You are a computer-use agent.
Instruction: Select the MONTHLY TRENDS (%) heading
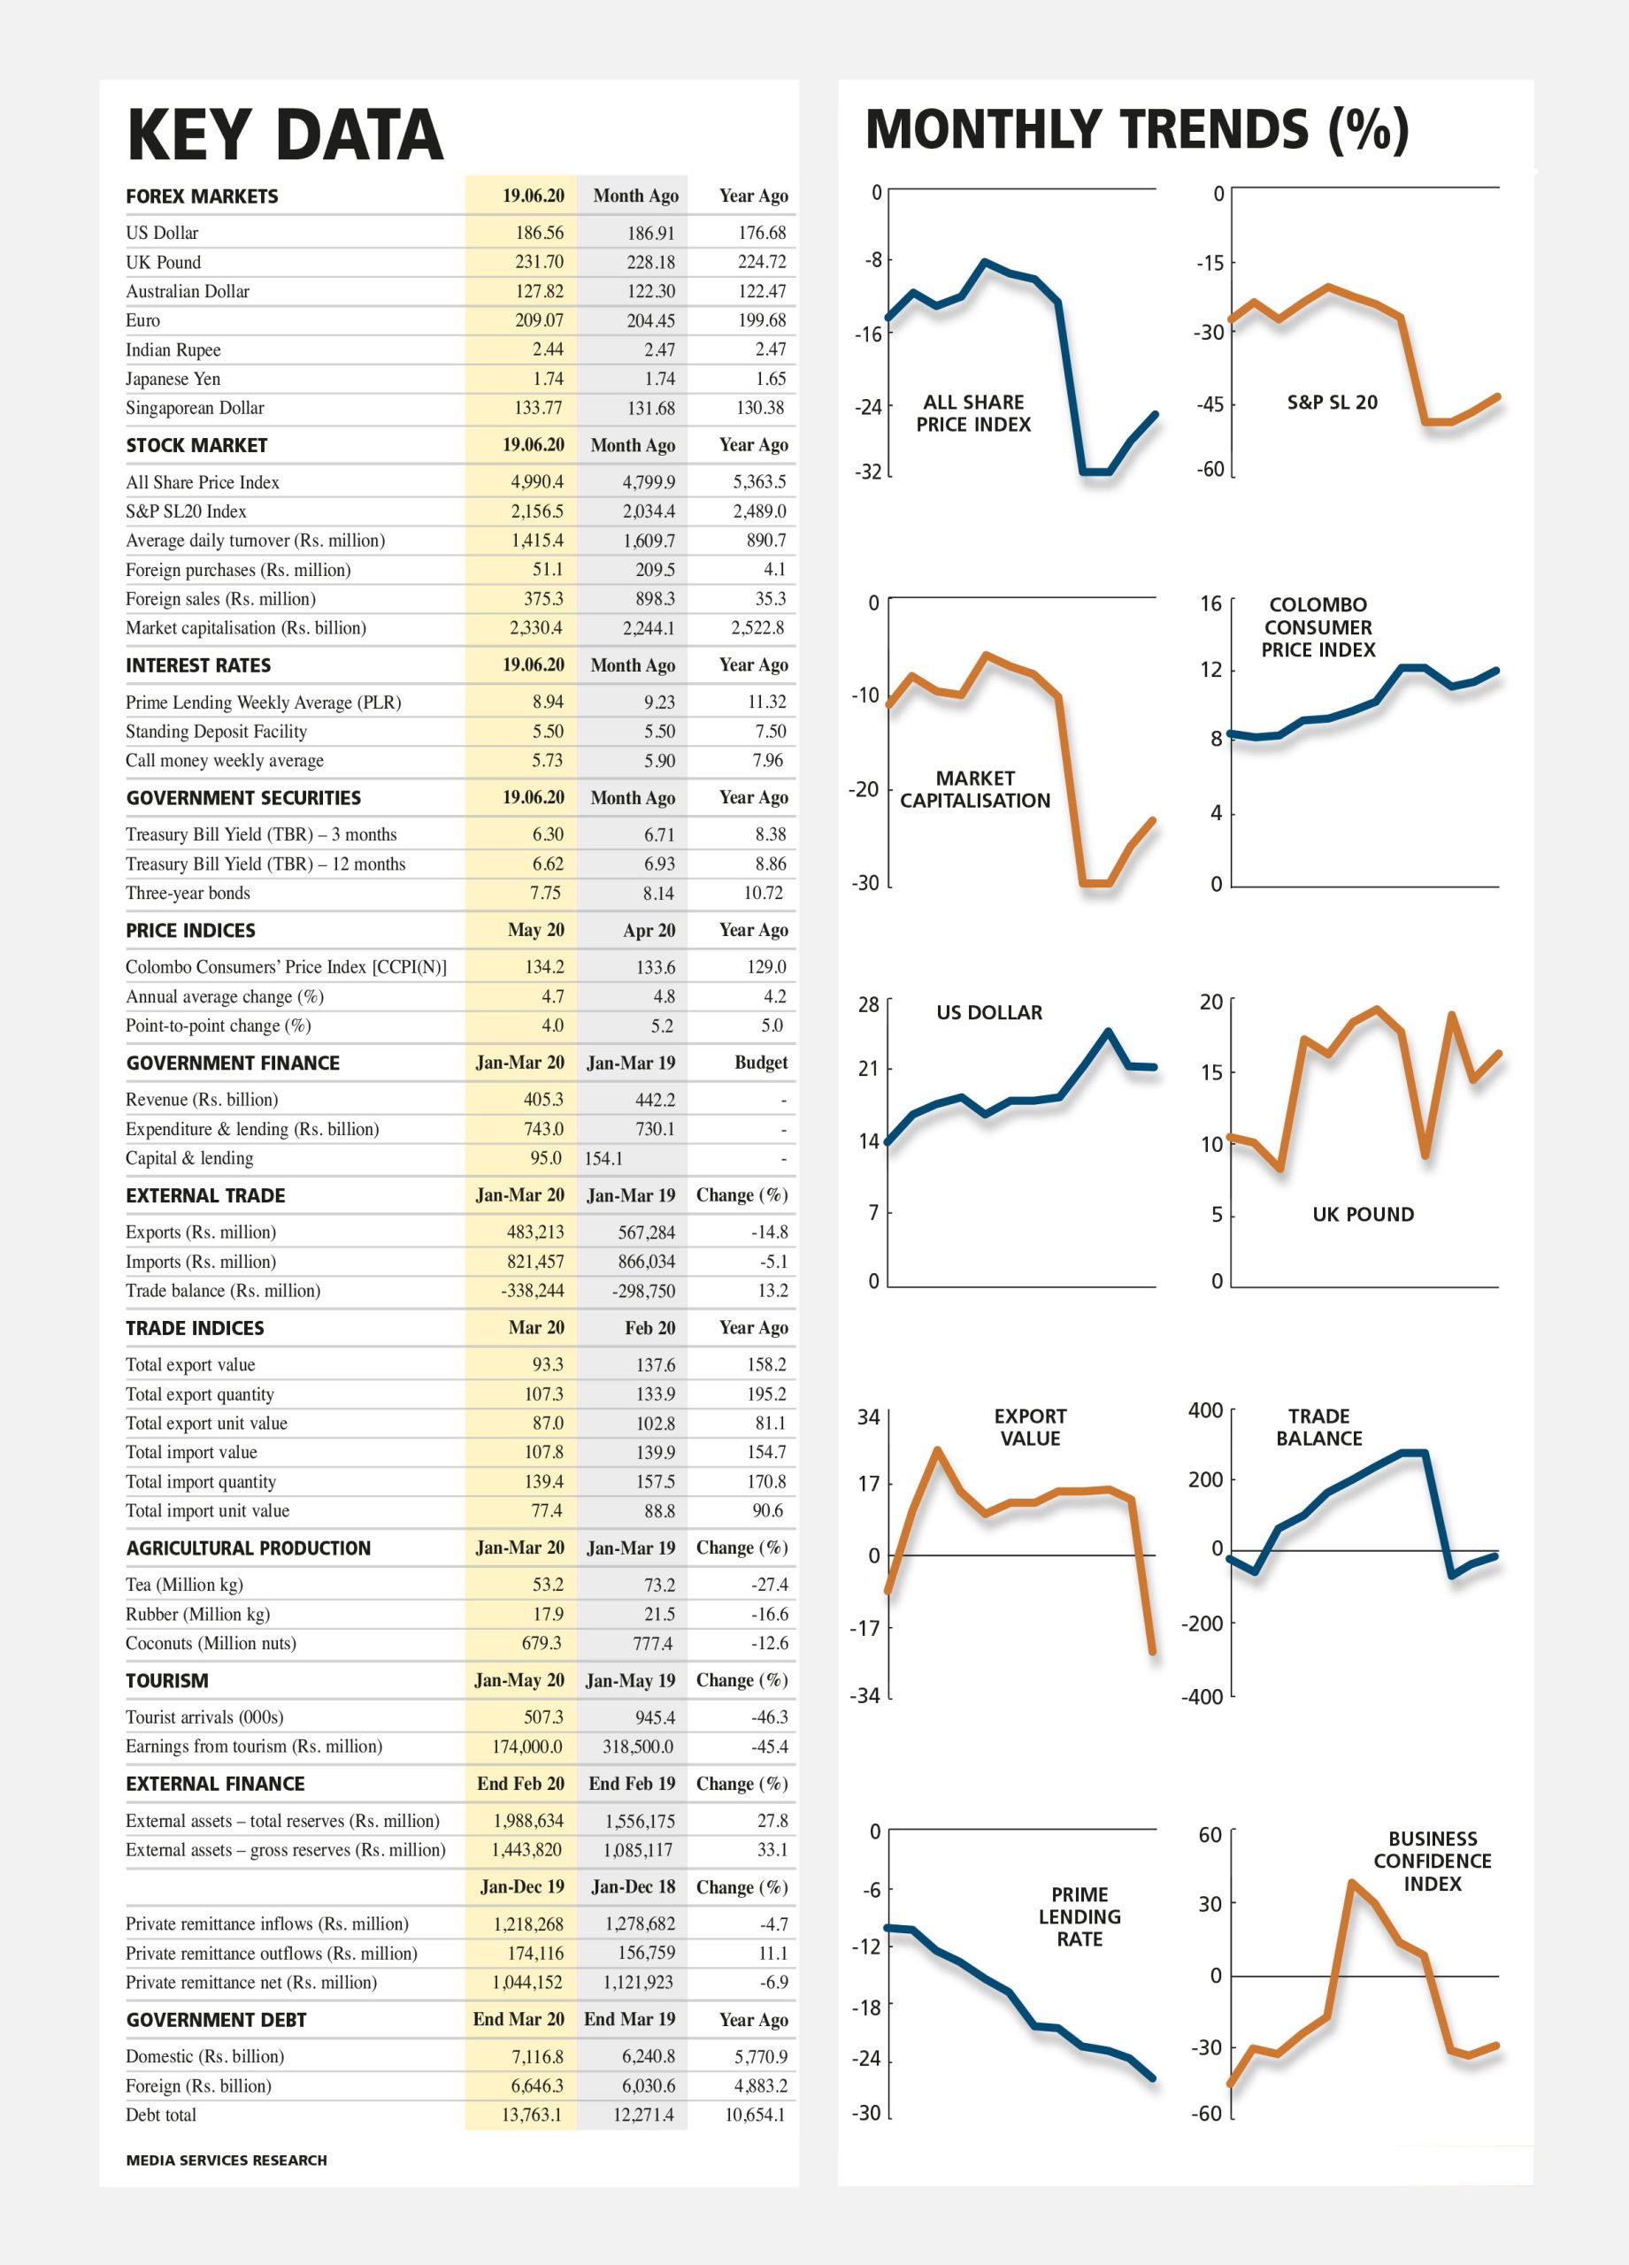click(x=1137, y=130)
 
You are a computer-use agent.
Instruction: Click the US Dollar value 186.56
click(x=540, y=233)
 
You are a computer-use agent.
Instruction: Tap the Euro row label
click(x=142, y=320)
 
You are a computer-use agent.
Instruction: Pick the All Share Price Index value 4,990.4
click(x=537, y=482)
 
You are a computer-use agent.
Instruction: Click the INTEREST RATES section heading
click(x=197, y=665)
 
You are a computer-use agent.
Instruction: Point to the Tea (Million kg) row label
click(x=184, y=1585)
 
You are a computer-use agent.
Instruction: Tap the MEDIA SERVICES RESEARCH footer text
click(x=227, y=2160)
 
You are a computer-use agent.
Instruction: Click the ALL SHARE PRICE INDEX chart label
click(x=974, y=413)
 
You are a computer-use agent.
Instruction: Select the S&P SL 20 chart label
click(x=1333, y=403)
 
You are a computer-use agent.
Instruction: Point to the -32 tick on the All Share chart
click(x=868, y=472)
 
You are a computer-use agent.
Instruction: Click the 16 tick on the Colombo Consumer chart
click(x=1210, y=603)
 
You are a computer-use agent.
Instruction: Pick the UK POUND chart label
click(x=1364, y=1215)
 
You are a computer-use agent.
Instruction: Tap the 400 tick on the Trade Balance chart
click(x=1205, y=1410)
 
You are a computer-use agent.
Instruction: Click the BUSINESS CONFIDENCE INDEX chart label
click(x=1433, y=1862)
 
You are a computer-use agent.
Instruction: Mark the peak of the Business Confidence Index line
click(x=1351, y=1883)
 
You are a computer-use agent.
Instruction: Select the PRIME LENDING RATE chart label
click(x=1080, y=1916)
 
